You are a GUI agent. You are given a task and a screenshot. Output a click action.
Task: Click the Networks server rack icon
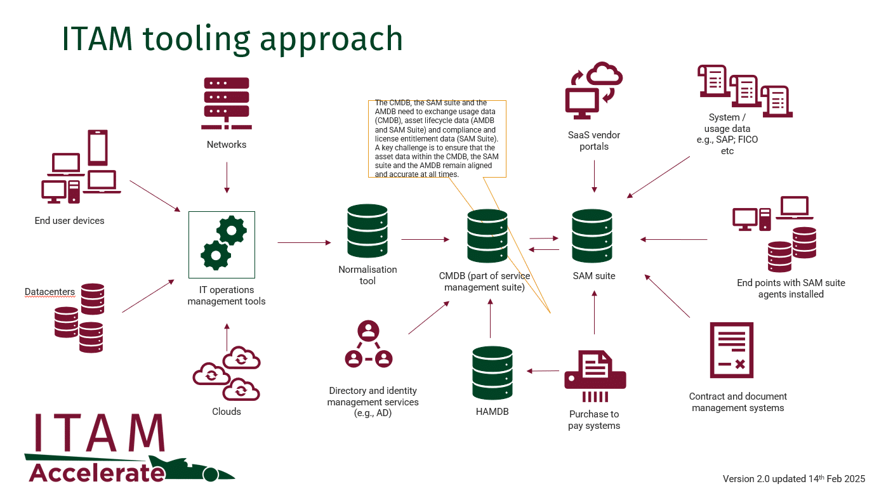(x=226, y=103)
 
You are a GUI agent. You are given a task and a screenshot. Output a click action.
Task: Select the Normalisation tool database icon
(x=367, y=232)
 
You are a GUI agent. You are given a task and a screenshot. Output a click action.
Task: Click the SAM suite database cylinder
(x=592, y=236)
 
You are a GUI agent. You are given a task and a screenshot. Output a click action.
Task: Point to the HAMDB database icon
(x=492, y=373)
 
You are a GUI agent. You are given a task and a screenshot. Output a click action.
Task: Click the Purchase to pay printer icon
(x=595, y=376)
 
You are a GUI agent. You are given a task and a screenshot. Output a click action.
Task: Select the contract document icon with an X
(x=731, y=350)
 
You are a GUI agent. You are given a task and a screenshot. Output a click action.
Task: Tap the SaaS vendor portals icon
(x=593, y=90)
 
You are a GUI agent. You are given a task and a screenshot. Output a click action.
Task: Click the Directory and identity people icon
(x=368, y=344)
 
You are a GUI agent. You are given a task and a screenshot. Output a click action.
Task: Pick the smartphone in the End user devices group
(x=98, y=147)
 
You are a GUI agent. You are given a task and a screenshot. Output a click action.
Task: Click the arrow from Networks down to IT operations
(x=227, y=178)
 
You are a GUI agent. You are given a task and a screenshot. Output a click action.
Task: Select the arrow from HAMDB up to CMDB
(x=490, y=318)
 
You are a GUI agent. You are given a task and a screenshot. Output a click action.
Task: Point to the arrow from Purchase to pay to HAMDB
(x=543, y=371)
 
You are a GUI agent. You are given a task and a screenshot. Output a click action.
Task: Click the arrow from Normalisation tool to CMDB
(x=425, y=239)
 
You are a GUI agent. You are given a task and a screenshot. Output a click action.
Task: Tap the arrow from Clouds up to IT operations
(x=227, y=337)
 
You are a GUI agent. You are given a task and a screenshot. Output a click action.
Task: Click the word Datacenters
(x=50, y=292)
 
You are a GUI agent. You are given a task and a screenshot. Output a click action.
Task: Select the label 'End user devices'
(x=69, y=221)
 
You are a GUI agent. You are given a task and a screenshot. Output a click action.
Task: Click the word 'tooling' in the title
(x=196, y=39)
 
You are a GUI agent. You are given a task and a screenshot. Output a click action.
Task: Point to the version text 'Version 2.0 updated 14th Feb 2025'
(x=794, y=478)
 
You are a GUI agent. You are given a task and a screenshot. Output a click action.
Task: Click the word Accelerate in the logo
(x=97, y=473)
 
